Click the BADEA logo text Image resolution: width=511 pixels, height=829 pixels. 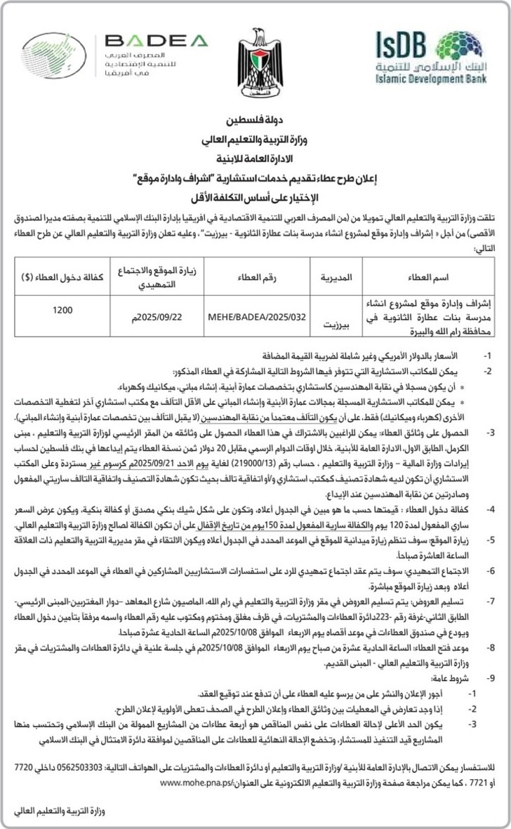click(156, 41)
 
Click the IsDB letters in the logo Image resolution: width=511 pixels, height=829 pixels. click(400, 46)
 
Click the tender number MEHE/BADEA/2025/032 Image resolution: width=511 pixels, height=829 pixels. click(257, 316)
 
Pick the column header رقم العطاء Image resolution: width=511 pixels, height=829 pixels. click(257, 278)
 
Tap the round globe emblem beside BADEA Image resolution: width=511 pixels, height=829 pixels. click(54, 54)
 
